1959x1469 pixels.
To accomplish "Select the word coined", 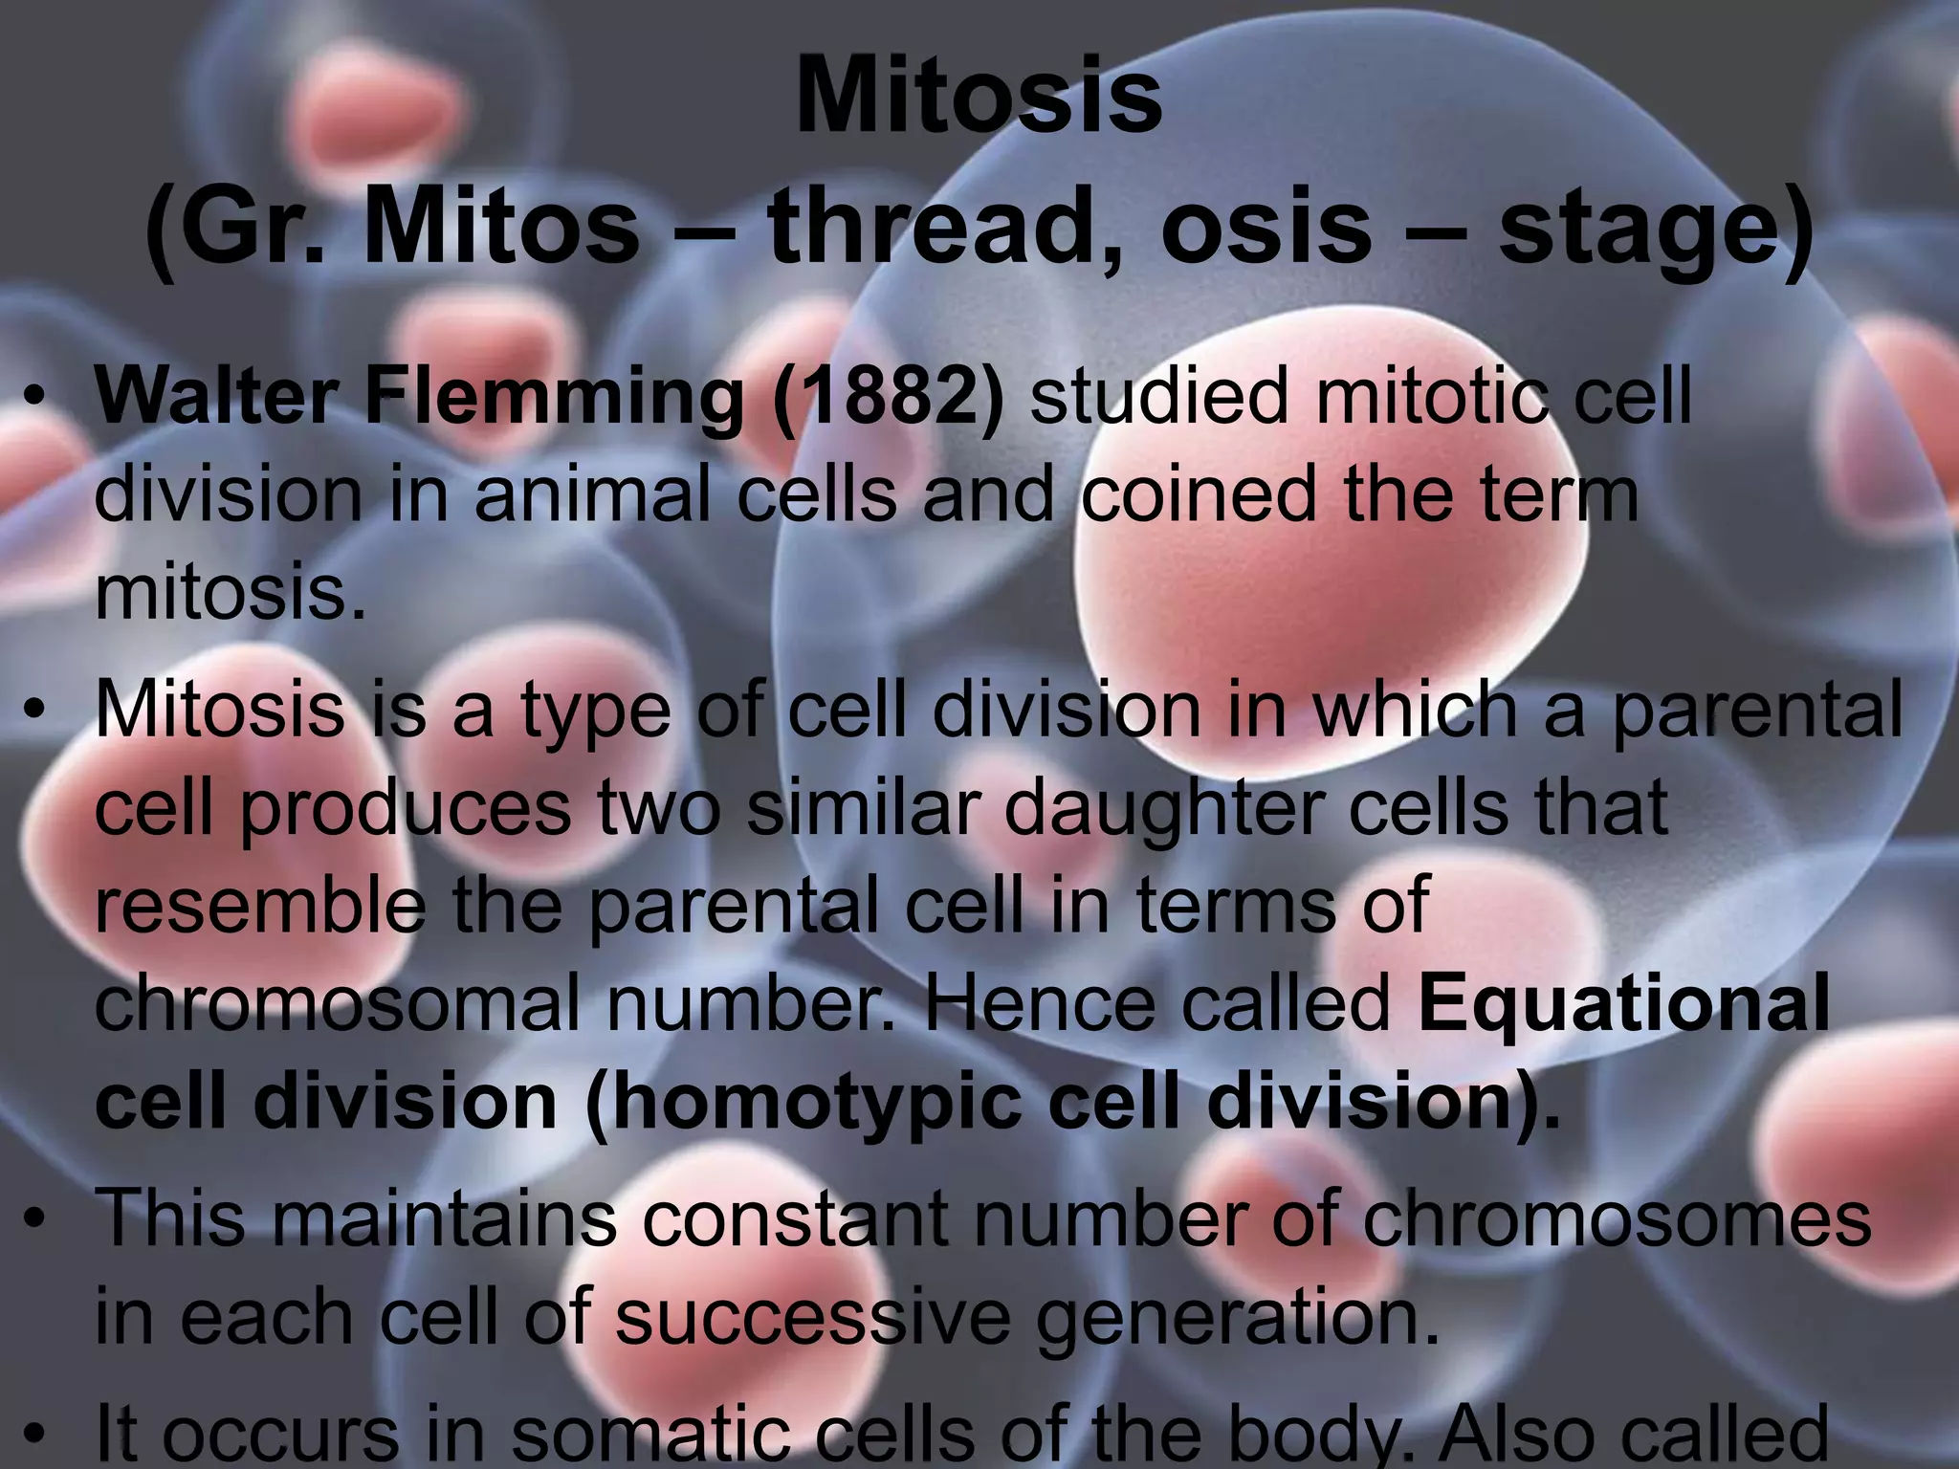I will (1201, 494).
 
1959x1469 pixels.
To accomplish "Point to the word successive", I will (812, 1317).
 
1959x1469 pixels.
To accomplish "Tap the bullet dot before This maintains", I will (36, 1219).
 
